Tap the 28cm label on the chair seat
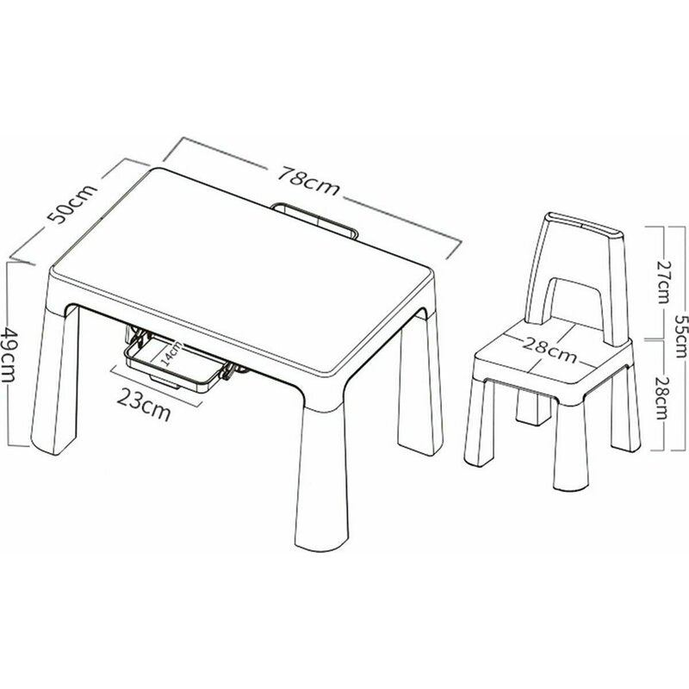coord(548,349)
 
